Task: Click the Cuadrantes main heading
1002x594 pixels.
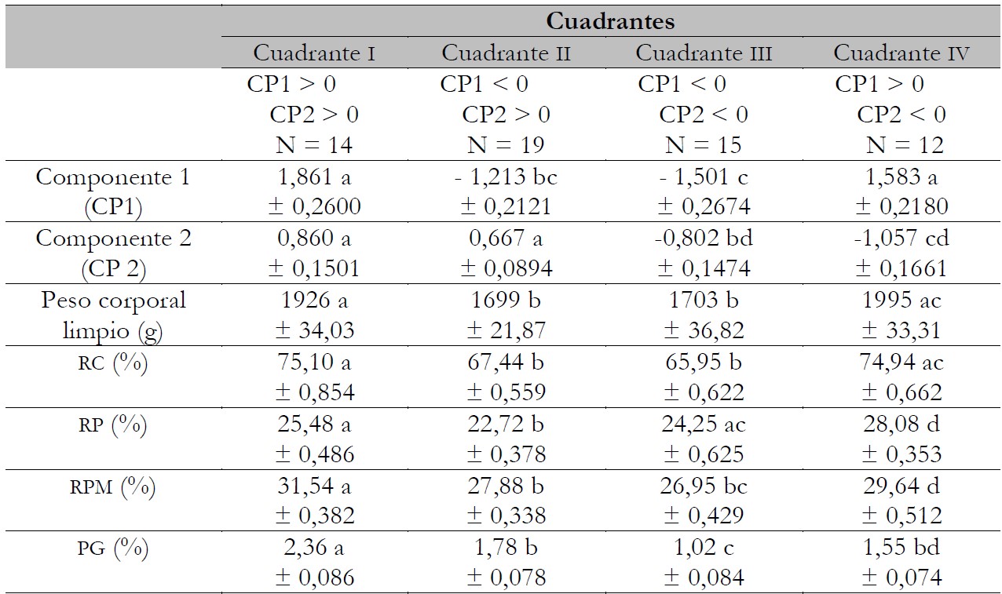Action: click(610, 21)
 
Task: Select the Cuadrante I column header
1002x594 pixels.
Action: click(313, 53)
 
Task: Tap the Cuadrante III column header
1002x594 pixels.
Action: click(704, 53)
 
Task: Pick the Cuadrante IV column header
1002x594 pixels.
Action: click(901, 53)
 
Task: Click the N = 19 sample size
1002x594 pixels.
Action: click(506, 145)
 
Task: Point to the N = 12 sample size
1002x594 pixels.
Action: click(905, 145)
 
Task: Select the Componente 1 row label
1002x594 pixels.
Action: click(113, 177)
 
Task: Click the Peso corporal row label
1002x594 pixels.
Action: click(113, 301)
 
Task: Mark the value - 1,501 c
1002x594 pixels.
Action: click(704, 177)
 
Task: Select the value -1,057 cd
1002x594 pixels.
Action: click(901, 238)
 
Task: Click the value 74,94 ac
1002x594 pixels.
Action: click(901, 362)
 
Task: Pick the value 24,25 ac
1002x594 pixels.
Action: click(704, 425)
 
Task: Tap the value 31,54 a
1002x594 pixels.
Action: click(313, 487)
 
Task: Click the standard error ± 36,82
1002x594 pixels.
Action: click(704, 330)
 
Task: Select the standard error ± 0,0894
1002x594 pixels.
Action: click(506, 268)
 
